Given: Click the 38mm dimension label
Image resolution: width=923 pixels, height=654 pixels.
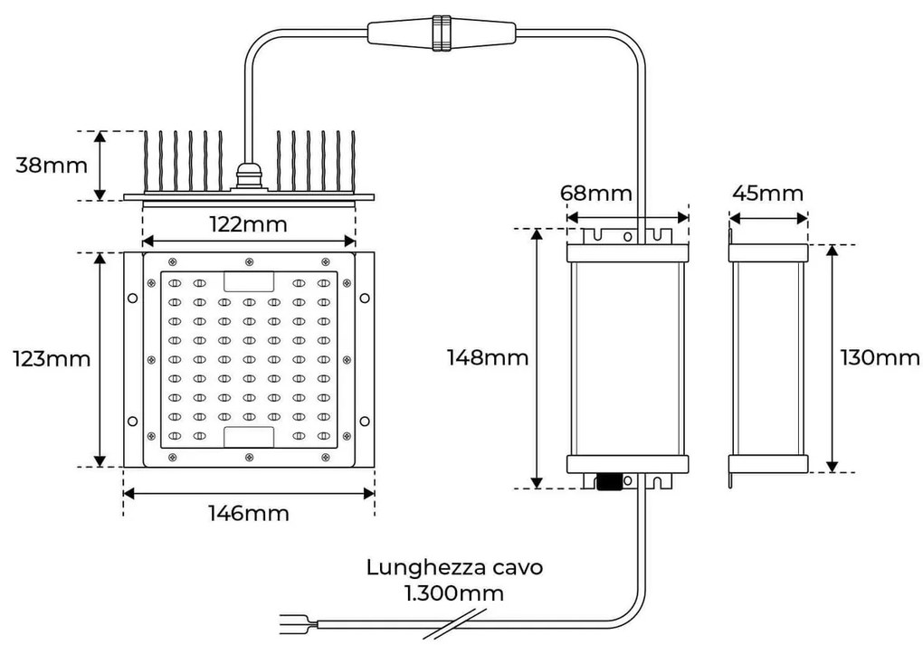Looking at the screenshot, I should [52, 166].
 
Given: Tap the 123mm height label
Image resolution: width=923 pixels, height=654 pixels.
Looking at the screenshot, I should [52, 358].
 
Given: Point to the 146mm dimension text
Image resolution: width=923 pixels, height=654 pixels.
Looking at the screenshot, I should [249, 514].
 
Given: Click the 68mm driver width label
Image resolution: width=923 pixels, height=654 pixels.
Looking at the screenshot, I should [595, 194].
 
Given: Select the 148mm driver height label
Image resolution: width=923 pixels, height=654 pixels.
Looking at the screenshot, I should [487, 357].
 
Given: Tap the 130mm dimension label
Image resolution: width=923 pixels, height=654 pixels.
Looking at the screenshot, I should [880, 357].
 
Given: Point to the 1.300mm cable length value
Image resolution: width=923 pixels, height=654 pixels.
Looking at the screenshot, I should [454, 593].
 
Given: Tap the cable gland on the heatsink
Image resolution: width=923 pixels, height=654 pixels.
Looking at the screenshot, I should [246, 177].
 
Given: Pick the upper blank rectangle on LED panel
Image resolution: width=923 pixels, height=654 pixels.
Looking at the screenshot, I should [249, 281].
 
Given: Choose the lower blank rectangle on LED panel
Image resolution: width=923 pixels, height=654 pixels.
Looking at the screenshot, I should [249, 437].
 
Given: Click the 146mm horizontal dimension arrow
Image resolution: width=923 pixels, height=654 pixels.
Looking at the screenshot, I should [249, 493].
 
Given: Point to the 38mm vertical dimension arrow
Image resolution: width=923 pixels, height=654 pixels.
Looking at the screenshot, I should [100, 165].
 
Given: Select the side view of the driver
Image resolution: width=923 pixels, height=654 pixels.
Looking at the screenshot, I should [767, 358].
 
